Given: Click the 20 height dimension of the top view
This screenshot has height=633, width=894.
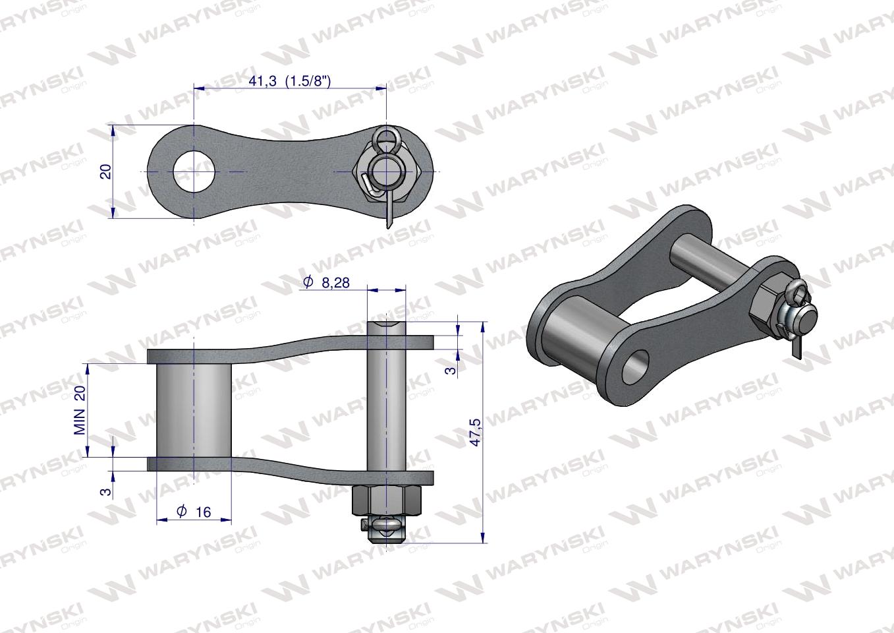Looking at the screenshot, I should point(105,171).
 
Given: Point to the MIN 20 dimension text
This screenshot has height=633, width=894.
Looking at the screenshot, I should point(80,410).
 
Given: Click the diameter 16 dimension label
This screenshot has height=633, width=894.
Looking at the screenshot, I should point(194,512).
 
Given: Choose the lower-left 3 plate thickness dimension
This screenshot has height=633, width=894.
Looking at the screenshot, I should point(103,492).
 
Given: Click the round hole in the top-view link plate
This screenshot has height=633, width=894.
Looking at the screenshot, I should point(194,171).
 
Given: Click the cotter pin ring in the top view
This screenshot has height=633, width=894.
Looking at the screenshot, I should point(385,137).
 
